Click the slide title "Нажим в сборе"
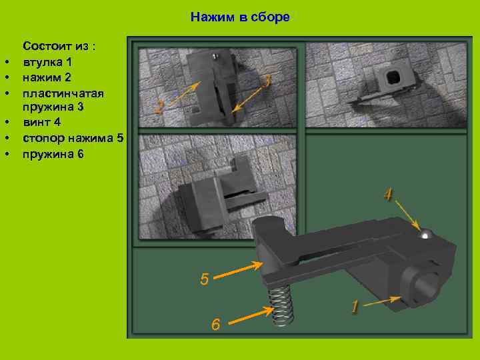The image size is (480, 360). (240, 17)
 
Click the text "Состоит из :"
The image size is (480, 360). (60, 47)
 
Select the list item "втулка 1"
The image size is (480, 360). (48, 62)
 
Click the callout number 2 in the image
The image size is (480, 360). (159, 107)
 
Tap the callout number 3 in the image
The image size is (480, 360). (267, 81)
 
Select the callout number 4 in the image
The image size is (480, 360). (388, 195)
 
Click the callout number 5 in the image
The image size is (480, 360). (205, 279)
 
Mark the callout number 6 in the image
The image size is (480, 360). (215, 324)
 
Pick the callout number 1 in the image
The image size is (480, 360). (355, 307)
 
